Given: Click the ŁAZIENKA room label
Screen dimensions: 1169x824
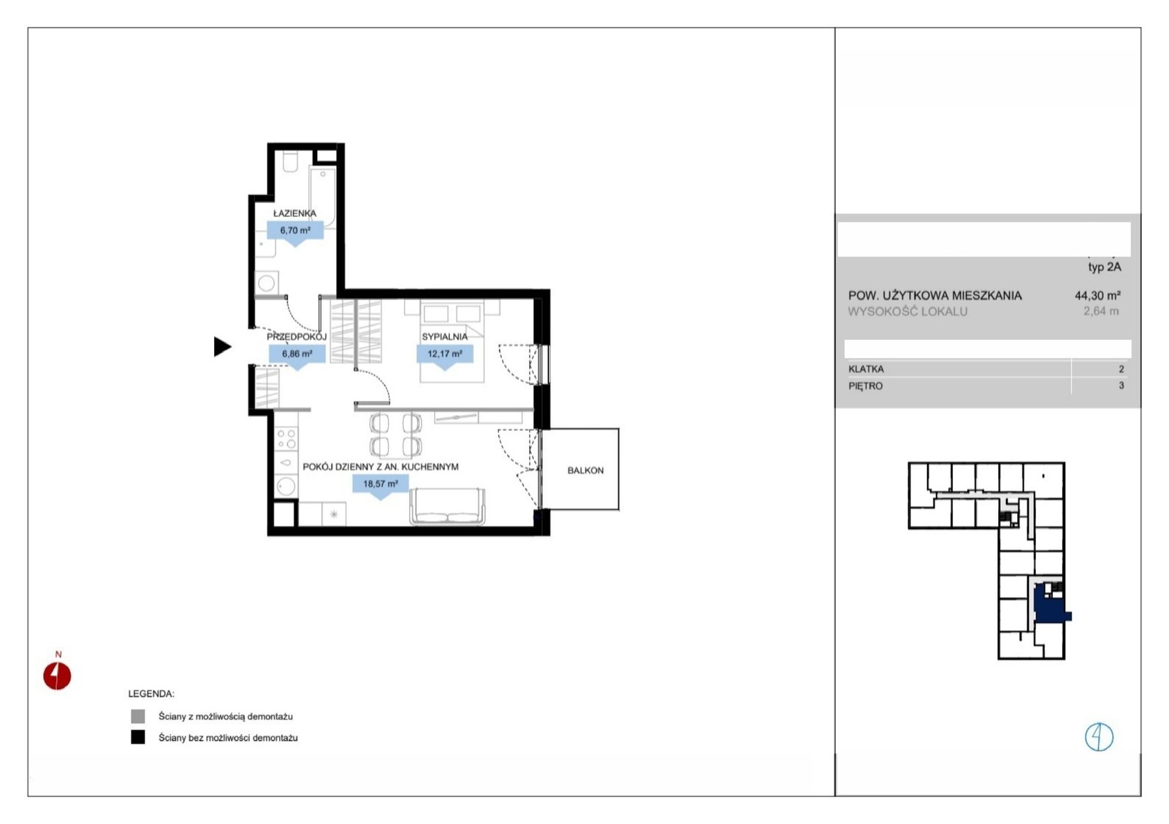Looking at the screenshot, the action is point(295,213).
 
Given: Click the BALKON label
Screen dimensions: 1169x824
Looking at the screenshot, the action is point(585,470).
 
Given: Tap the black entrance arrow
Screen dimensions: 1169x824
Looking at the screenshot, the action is point(223,347).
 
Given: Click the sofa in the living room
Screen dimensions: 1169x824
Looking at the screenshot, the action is point(447,506).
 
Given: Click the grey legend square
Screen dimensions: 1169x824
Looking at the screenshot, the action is point(138,717).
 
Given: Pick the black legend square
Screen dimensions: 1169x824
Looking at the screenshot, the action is point(138,737).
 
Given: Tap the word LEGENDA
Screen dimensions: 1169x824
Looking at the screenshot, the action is point(151,694).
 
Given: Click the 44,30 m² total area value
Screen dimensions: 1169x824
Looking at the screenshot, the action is point(1097,296).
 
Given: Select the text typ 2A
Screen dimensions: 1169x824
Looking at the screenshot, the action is point(1104,267).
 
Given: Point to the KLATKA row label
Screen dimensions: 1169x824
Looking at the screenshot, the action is point(867,370).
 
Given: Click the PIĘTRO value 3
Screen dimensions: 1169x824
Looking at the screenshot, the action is point(1121,386).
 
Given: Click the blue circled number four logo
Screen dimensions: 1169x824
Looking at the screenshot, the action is point(1099,737).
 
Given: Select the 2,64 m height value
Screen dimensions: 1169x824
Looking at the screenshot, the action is point(1101,311).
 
